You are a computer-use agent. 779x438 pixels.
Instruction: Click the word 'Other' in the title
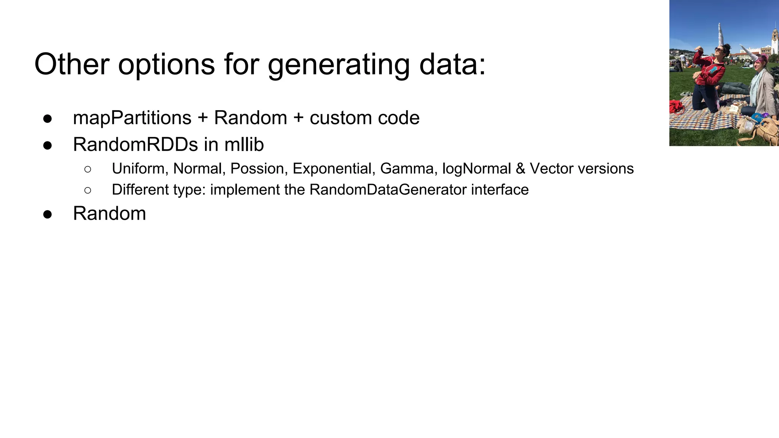click(72, 65)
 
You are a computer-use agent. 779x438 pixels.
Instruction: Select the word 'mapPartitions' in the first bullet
click(132, 118)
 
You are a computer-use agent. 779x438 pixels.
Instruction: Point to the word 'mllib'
click(244, 145)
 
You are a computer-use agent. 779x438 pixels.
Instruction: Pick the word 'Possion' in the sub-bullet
click(257, 169)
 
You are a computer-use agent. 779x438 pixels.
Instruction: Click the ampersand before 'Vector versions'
click(520, 169)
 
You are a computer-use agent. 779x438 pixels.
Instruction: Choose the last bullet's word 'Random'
click(109, 214)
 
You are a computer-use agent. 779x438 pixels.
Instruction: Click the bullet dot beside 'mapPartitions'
click(48, 119)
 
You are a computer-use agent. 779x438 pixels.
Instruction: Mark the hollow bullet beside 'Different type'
click(88, 190)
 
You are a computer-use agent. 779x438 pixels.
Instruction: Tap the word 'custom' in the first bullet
click(335, 118)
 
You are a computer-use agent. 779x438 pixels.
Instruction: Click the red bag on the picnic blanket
click(676, 106)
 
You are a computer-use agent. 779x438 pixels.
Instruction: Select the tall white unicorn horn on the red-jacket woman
click(721, 34)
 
